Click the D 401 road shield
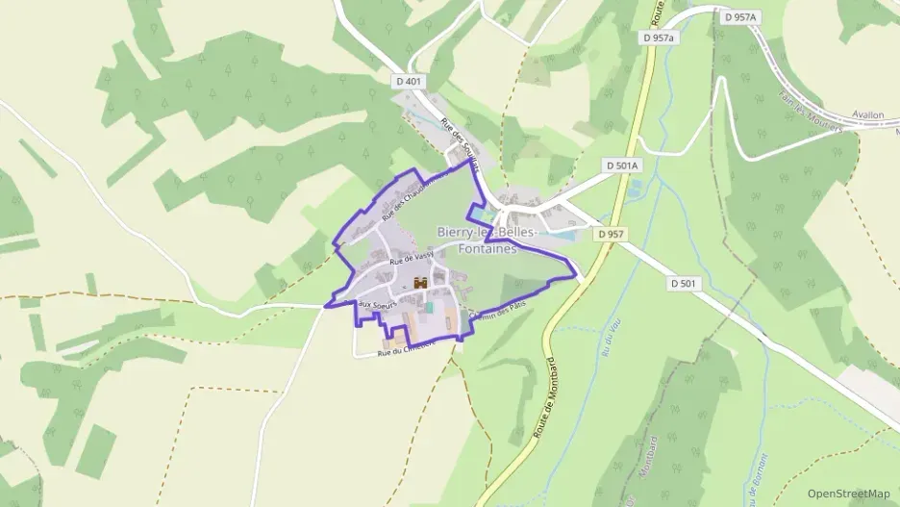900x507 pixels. click(x=409, y=82)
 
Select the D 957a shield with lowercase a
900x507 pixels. click(x=659, y=38)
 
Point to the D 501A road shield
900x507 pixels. click(x=622, y=165)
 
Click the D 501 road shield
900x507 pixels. click(x=683, y=283)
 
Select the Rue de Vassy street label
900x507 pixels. click(x=411, y=258)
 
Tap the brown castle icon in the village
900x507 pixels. click(x=419, y=284)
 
